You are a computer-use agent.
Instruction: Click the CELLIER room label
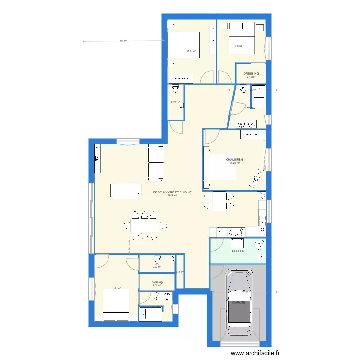pos(238,251)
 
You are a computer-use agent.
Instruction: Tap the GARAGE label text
pos(239,303)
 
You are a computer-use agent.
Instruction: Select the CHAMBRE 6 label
pos(235,159)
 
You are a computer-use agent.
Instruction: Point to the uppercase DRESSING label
pos(251,73)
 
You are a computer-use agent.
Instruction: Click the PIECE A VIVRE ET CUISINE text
pos(172,192)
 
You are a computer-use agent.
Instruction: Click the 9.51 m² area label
pos(239,46)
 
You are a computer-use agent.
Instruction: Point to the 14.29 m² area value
pos(234,163)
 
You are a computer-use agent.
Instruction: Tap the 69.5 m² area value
pos(172,195)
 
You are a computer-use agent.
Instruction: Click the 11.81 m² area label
pos(116,288)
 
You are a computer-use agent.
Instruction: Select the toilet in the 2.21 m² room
pos(175,90)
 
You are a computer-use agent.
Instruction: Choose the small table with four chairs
pos(220,201)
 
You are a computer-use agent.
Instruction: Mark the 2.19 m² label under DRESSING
pos(251,77)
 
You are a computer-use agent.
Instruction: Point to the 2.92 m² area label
pos(157,267)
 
